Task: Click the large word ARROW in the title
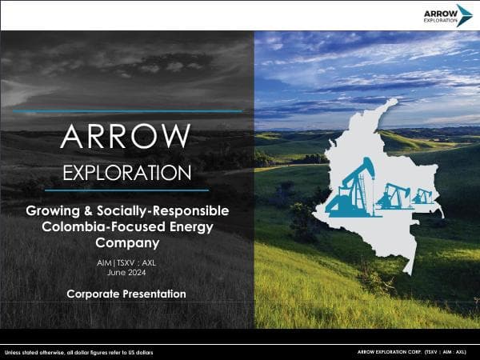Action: point(126,137)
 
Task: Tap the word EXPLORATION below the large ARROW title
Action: point(126,173)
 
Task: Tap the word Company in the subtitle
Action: point(126,242)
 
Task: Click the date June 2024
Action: point(126,273)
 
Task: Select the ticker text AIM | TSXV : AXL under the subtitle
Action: point(126,262)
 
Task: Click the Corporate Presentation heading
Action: point(126,294)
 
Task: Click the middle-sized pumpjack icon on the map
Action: point(390,194)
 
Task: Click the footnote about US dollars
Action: point(78,352)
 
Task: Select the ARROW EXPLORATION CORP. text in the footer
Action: point(390,352)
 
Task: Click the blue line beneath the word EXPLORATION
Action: point(126,190)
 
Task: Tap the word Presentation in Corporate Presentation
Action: point(154,294)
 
